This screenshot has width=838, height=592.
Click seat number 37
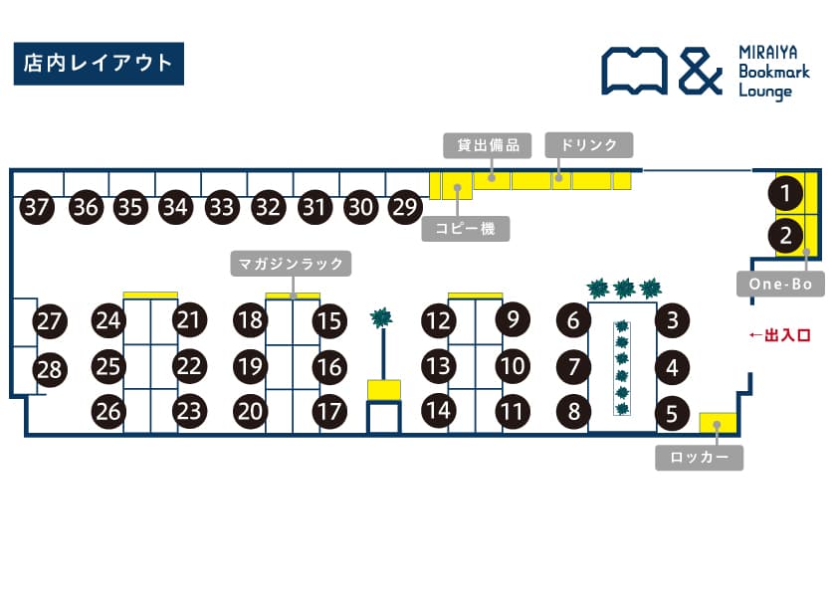point(37,208)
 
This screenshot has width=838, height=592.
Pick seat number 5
point(673,412)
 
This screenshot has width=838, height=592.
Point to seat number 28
point(49,370)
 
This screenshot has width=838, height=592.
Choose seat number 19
point(251,366)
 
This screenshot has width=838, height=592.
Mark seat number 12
point(437,320)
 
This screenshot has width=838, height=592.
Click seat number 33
point(222,208)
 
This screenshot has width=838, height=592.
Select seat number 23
point(189,410)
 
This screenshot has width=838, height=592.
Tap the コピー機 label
point(466,230)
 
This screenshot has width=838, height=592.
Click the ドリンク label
point(589,145)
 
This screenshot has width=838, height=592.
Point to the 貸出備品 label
point(488,145)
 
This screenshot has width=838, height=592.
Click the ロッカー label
point(699,459)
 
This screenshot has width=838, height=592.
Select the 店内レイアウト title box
point(98,64)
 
